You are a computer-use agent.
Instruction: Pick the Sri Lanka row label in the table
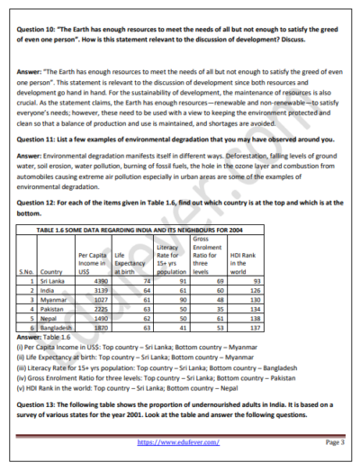[x=53, y=282]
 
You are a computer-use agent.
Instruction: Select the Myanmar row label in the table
[x=54, y=300]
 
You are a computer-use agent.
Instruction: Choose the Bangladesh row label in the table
[x=58, y=328]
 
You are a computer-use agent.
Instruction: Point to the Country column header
[x=51, y=272]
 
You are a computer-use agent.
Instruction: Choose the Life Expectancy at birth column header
[x=130, y=263]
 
